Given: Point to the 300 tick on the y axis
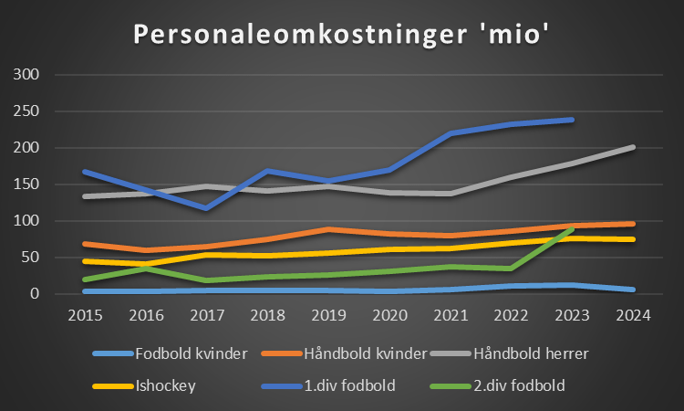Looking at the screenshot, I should tap(26, 75).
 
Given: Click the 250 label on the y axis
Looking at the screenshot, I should tap(26, 111).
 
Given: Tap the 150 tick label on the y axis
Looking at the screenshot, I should tap(26, 184).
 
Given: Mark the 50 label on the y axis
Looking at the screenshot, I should tap(30, 258).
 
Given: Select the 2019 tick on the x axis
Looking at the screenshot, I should tap(327, 315).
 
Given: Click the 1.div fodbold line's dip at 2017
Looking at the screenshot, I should tap(206, 208).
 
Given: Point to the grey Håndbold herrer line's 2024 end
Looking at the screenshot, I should tap(633, 147).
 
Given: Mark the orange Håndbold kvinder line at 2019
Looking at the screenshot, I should tap(328, 229).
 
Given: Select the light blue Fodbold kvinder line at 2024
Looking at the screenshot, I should tap(633, 290).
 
